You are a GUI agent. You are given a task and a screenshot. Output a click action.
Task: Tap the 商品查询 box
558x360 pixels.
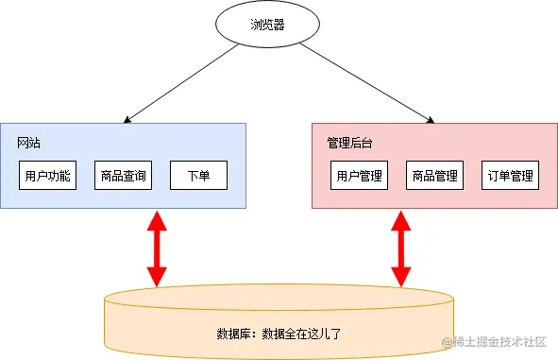[x=123, y=176]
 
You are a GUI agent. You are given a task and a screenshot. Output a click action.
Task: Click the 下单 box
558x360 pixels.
[x=198, y=176]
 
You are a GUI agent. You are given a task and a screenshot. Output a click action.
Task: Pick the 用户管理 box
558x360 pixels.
[x=359, y=176]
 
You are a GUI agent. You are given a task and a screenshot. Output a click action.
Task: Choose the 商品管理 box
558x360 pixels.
[x=434, y=176]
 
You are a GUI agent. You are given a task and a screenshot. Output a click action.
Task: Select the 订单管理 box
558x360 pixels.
[x=510, y=176]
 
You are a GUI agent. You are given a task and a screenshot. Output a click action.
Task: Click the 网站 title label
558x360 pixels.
[x=28, y=144]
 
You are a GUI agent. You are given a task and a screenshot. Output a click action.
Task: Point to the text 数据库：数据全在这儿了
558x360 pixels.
[x=278, y=334]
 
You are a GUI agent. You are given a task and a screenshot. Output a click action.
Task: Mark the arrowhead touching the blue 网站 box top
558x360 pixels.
[x=126, y=120]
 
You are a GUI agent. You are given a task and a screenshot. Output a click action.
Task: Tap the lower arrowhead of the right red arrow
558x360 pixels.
[x=400, y=276]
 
